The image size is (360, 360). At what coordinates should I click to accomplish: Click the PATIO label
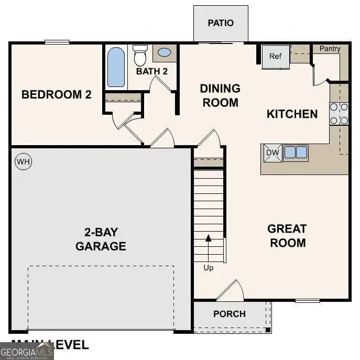coord(221,23)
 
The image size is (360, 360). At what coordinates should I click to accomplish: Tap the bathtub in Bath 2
coord(116,67)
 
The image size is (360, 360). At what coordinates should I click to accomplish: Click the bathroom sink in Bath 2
coord(164,52)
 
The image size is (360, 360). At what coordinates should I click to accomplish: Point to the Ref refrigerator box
coord(276,57)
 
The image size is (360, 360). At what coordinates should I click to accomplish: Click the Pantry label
coord(330,49)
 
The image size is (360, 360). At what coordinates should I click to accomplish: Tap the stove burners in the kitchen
coord(339,114)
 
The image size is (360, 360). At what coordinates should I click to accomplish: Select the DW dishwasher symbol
coord(272,152)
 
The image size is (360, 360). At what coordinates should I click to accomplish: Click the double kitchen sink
coord(296,152)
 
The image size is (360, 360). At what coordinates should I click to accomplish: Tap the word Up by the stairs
coord(209,268)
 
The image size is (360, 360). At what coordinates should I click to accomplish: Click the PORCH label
coord(230,314)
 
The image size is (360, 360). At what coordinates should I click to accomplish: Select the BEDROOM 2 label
coord(57,95)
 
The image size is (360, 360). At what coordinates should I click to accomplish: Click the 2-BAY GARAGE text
coord(101,239)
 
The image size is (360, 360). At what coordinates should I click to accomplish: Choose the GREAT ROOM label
coord(287,236)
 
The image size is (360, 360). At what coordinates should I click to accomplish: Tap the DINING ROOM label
coord(220,95)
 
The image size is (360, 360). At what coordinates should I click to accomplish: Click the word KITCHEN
coord(292,114)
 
